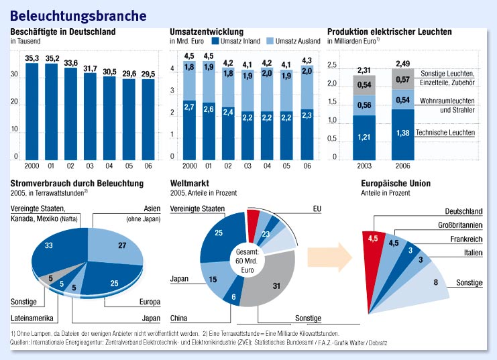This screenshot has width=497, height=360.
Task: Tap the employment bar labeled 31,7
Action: pyautogui.click(x=90, y=117)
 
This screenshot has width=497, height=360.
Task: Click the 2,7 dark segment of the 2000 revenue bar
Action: pyautogui.click(x=190, y=131)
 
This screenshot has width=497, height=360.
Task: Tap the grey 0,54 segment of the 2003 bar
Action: pyautogui.click(x=365, y=85)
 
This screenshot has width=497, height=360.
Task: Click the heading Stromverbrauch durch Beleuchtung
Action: pyautogui.click(x=77, y=183)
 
